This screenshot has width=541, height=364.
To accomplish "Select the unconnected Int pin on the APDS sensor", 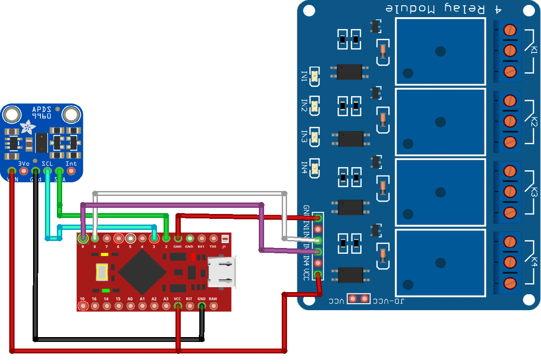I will tap(71, 170).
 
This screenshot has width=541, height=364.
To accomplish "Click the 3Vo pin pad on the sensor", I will tap(23, 170).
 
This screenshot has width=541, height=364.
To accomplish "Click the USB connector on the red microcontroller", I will tap(222, 273).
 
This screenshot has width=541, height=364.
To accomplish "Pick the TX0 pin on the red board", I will tap(213, 238).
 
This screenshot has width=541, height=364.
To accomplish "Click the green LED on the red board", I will tap(105, 291).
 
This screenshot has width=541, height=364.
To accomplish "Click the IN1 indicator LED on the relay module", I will tap(314, 77).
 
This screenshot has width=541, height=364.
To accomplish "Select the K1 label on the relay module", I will tap(534, 50).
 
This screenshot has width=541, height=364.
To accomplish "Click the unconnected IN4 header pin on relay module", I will tap(317, 263).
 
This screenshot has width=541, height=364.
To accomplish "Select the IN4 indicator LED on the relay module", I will tap(314, 169).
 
